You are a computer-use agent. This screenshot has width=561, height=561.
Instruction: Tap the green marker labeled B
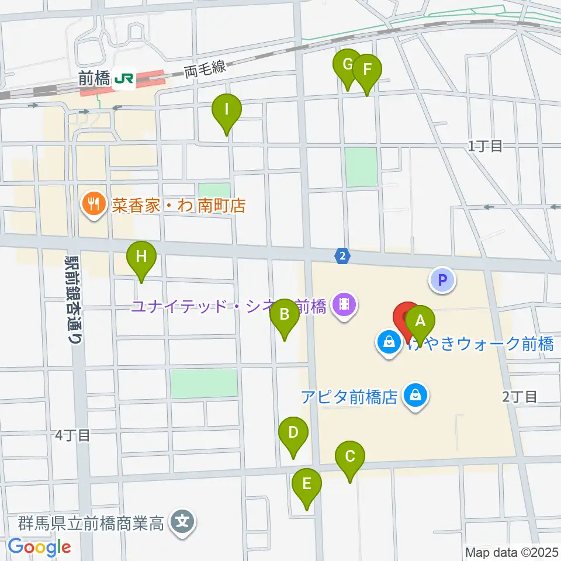(x=285, y=315)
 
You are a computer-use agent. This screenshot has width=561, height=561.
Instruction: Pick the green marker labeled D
(x=293, y=434)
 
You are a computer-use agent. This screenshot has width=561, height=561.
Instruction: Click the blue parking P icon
(x=442, y=279)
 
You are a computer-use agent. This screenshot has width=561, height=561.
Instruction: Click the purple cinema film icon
(x=344, y=304)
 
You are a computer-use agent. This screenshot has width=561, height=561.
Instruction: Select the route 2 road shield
(x=343, y=255)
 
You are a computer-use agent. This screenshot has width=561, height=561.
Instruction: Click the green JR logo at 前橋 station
(x=124, y=78)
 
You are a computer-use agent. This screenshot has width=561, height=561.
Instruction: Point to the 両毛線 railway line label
(x=205, y=70)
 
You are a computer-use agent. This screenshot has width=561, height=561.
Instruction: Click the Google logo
(x=39, y=547)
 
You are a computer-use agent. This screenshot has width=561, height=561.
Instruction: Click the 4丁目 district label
(x=72, y=435)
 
